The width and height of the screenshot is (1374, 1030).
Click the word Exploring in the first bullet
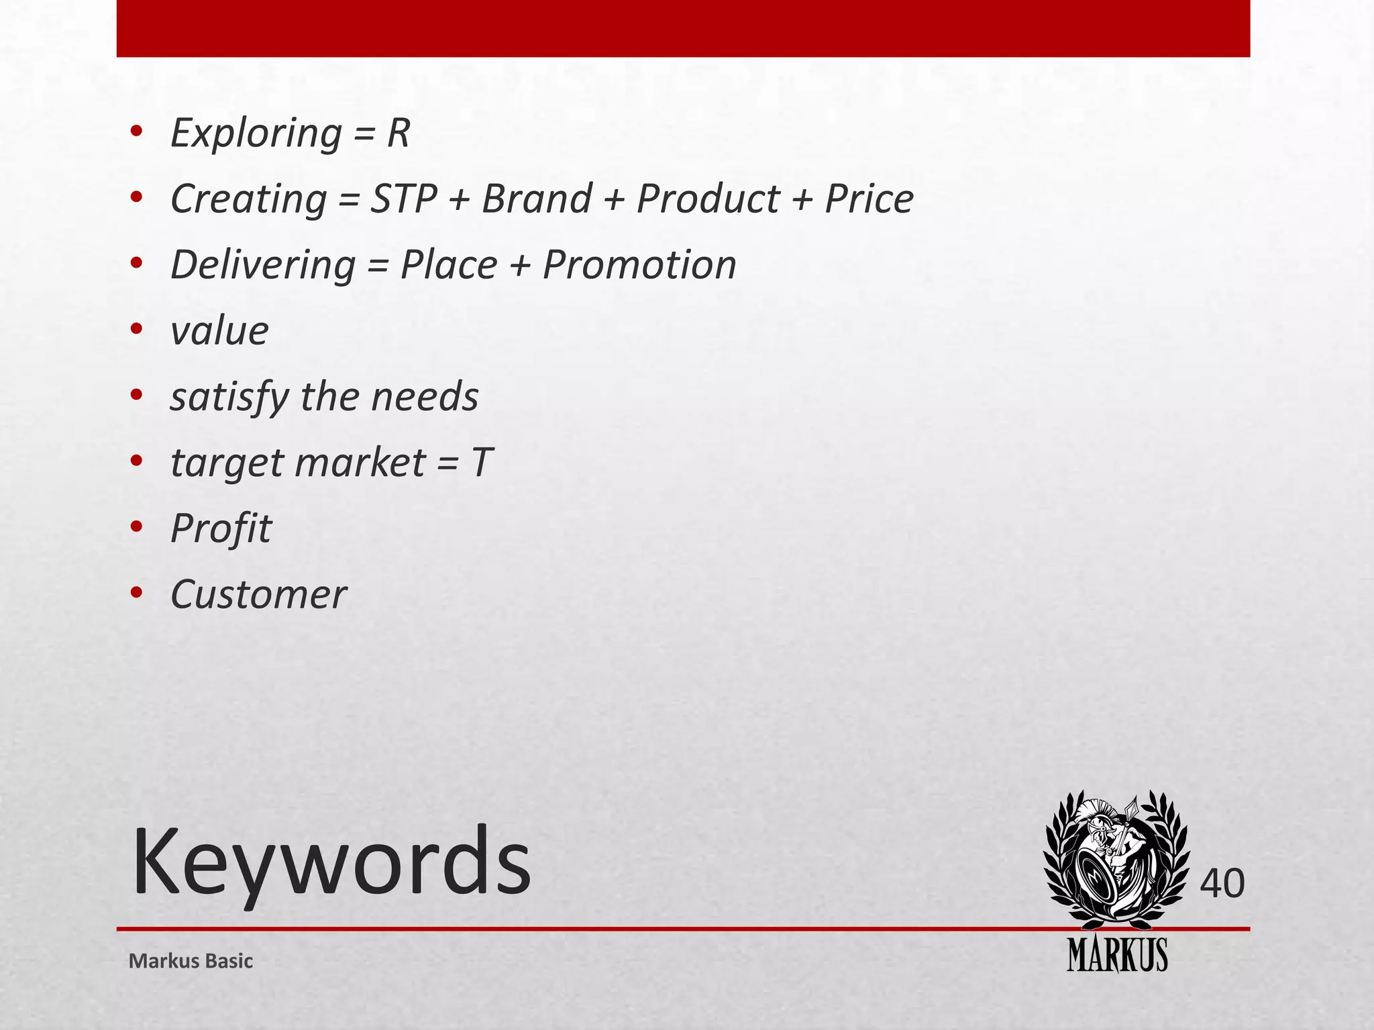pos(256,133)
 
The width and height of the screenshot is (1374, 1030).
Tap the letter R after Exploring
pos(398,133)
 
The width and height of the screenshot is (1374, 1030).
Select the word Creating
pos(248,199)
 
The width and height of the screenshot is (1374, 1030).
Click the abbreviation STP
pos(404,198)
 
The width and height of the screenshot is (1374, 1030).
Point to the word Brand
pos(537,198)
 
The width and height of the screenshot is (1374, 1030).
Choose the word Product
pos(708,198)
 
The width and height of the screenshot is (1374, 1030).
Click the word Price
pos(869,198)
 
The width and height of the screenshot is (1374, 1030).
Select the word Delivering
pos(263,265)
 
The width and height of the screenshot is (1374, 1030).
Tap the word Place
pos(448,264)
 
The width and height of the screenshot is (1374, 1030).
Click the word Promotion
pos(639,264)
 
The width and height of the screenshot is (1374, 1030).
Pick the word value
pos(219,331)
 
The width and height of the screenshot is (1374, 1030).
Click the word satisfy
pos(229,397)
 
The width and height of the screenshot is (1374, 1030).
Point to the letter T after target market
pos(482,463)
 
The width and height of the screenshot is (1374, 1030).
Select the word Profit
pos(221,528)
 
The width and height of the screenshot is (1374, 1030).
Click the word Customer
pos(258,594)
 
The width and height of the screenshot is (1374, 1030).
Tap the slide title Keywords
pos(331,861)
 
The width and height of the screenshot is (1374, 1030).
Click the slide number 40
pos(1222,883)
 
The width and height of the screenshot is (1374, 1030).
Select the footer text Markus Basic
pos(191,961)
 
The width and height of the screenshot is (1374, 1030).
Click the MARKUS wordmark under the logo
pos(1117,955)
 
